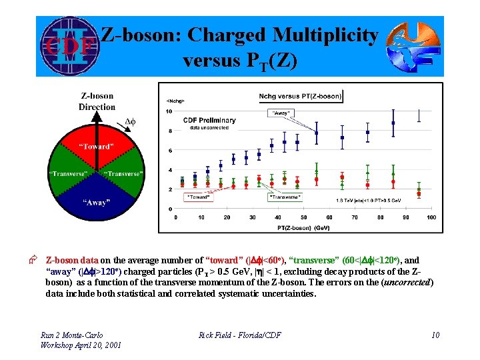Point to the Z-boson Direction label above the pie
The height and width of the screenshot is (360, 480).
point(97,101)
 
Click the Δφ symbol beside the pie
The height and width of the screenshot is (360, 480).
point(131,122)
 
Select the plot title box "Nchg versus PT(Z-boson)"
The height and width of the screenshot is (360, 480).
point(300,96)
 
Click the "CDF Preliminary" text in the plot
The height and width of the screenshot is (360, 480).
point(211,121)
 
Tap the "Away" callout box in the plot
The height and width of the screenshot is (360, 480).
point(281,113)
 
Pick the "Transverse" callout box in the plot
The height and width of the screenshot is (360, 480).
point(285,197)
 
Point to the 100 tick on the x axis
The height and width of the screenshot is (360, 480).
point(431,217)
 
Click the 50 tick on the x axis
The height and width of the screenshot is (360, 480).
point(303,217)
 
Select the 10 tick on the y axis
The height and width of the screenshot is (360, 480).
point(169,111)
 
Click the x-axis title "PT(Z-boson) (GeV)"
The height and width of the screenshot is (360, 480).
point(303,227)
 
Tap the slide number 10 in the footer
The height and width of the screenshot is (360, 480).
point(435,334)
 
